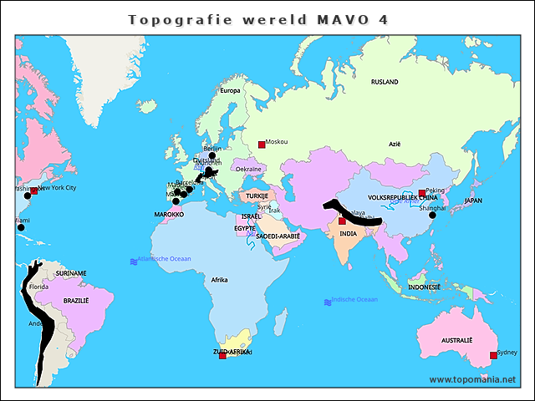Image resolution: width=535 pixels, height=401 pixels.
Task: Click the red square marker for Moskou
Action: click(261, 143)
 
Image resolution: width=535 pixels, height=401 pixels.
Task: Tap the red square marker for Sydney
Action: click(493, 356)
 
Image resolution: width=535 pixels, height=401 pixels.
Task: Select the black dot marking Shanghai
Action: click(432, 216)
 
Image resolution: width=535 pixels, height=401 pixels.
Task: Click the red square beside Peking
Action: click(422, 193)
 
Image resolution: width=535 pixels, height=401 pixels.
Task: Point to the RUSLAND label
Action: click(385, 83)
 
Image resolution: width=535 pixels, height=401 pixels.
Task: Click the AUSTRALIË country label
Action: click(456, 341)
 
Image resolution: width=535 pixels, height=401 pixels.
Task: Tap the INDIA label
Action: click(350, 235)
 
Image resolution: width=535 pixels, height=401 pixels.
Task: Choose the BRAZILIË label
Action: click(75, 300)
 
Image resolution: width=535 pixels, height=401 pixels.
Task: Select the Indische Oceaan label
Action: click(354, 300)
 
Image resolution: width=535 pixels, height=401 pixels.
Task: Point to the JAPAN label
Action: click(473, 201)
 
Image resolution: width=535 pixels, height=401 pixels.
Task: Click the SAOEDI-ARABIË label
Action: click(278, 236)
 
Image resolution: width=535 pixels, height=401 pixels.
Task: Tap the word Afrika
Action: click(220, 280)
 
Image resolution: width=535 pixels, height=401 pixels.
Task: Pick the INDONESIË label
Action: click(425, 287)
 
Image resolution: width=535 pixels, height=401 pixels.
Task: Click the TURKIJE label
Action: click(255, 195)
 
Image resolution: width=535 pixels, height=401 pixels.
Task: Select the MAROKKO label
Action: click(170, 215)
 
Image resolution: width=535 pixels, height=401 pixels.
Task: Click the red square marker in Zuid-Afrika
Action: click(222, 356)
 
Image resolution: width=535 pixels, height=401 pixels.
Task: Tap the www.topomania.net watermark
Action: click(472, 379)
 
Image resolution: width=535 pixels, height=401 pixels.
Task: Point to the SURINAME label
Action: click(70, 273)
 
